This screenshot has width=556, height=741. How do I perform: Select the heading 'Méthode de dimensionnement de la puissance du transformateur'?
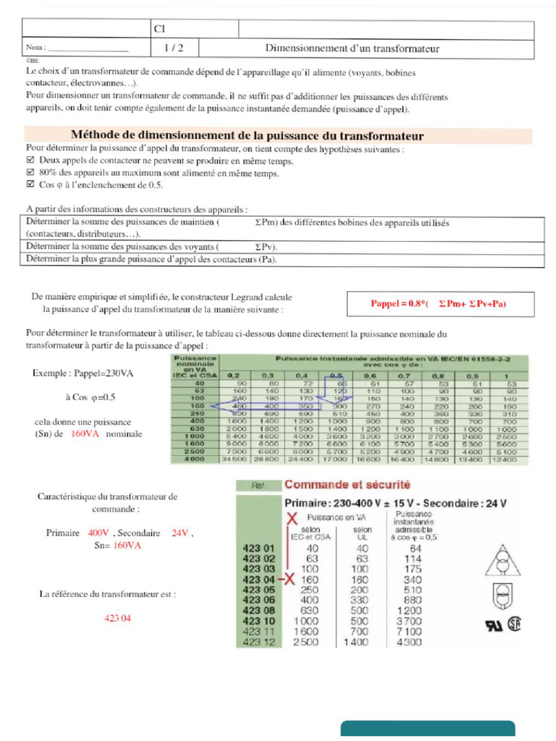(x=247, y=136)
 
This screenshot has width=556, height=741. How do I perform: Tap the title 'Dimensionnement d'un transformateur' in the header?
(x=353, y=49)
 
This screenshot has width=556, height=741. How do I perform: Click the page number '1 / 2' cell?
(x=173, y=49)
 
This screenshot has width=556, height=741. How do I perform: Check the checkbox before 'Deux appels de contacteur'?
(x=30, y=161)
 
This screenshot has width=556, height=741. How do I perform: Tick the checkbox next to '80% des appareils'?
(x=30, y=173)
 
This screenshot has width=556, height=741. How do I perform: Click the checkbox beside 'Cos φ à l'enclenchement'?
(x=30, y=185)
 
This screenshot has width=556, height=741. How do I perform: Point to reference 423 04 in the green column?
(x=258, y=579)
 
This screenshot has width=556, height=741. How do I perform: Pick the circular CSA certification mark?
(x=514, y=624)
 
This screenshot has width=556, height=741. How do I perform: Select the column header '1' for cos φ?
(x=510, y=376)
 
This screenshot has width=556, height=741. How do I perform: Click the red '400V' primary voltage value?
(x=98, y=533)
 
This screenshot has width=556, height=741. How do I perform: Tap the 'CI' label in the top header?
(x=160, y=29)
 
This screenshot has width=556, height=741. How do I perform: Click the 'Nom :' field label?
(x=36, y=48)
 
